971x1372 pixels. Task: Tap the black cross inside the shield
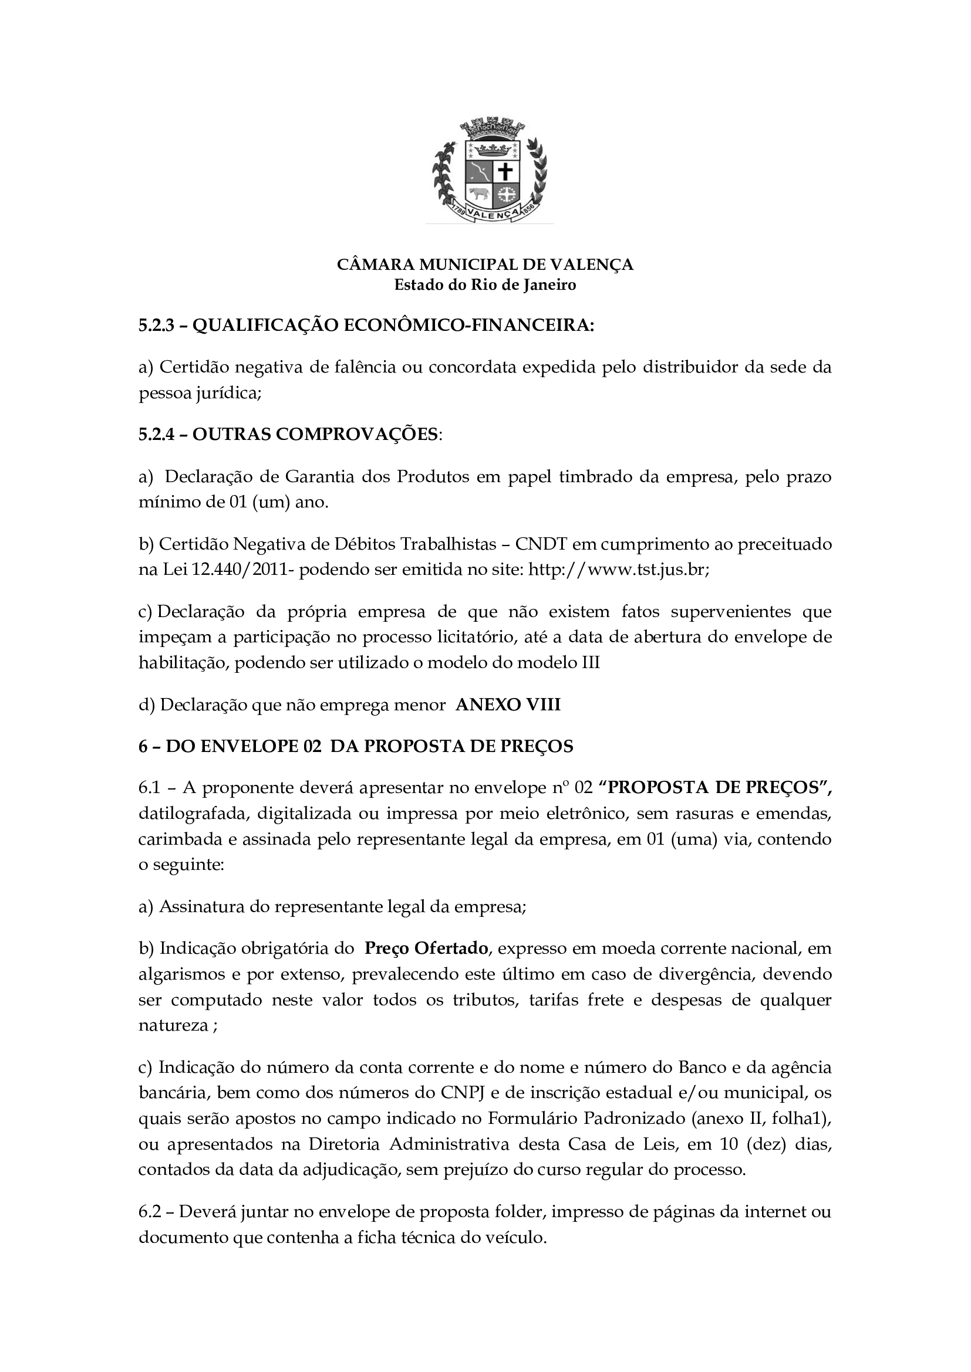(506, 172)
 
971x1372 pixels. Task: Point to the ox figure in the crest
(477, 194)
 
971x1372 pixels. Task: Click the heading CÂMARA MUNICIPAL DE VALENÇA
(485, 265)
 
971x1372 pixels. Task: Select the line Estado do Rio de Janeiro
(485, 285)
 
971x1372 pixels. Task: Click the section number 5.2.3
(155, 326)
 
